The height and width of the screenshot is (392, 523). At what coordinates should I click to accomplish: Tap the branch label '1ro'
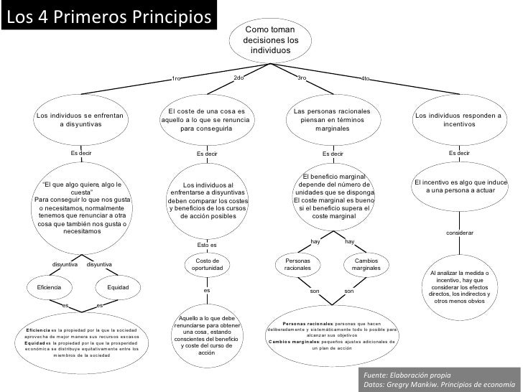[x=177, y=78]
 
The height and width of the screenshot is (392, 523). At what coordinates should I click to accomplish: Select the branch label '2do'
[x=239, y=78]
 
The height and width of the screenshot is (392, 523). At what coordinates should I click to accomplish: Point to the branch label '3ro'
[x=302, y=78]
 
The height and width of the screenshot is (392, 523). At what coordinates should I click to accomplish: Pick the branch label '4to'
[x=366, y=78]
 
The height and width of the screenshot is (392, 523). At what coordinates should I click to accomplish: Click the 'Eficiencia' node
[x=44, y=287]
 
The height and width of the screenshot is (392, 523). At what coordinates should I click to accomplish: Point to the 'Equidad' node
[x=118, y=287]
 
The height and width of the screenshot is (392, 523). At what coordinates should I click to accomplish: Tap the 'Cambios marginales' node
[x=366, y=264]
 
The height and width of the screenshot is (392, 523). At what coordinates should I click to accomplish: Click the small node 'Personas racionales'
[x=297, y=264]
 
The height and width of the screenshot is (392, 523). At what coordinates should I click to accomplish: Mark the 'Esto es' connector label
[x=207, y=245]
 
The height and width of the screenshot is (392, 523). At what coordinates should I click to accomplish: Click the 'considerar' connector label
[x=460, y=233]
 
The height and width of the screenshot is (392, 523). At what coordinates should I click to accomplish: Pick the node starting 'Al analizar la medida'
[x=459, y=286]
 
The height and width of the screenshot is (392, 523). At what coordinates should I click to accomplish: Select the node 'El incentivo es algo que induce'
[x=460, y=186]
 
